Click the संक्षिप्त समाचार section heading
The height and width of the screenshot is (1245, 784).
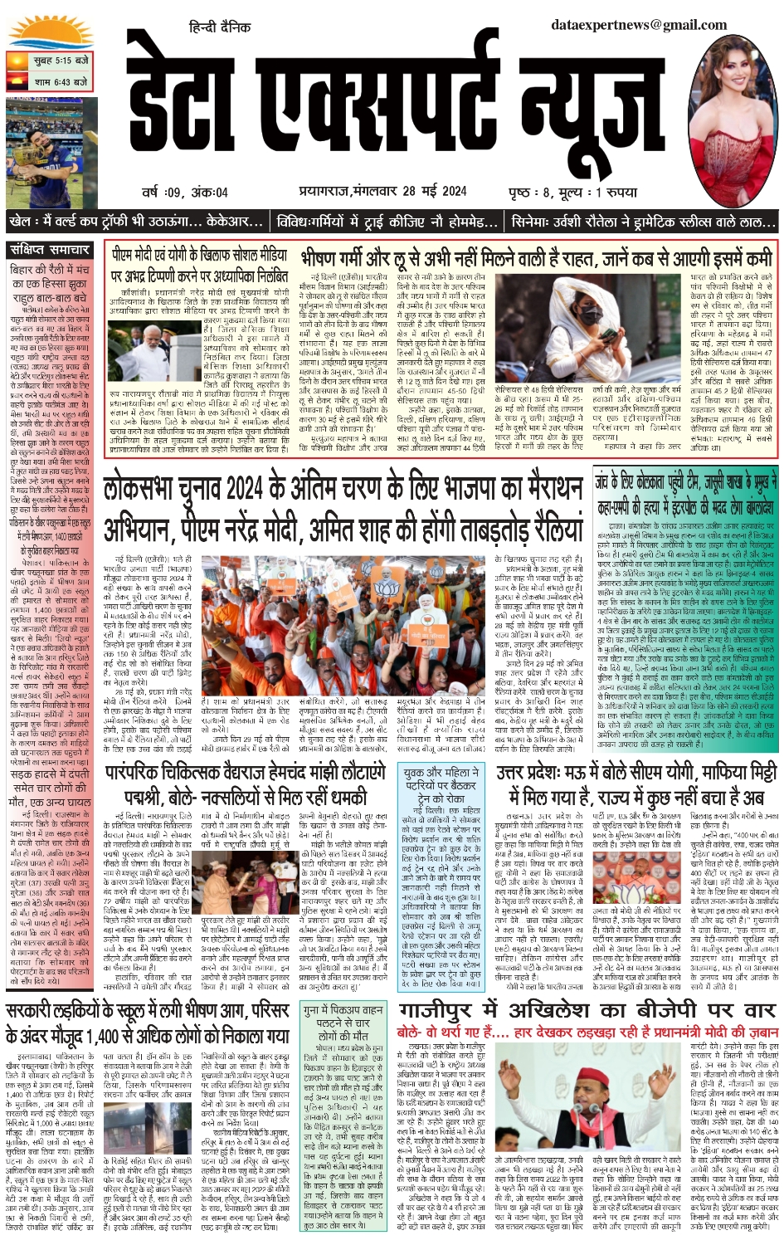[51, 250]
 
